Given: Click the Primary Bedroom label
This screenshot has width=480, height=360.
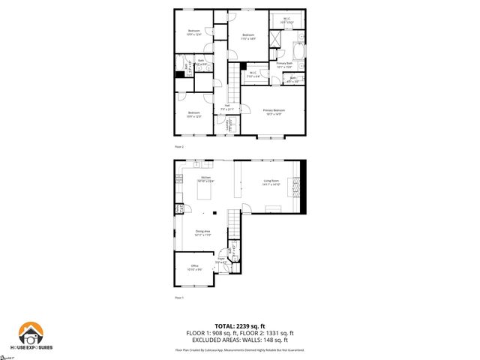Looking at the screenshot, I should coord(272,112).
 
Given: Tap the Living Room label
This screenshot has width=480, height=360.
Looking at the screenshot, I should coord(271,182).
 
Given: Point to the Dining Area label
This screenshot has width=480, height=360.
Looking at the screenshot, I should coord(203,233).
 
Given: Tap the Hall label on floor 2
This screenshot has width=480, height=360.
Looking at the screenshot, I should coord(227,107).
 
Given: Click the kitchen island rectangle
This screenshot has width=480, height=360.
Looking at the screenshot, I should coord(205,193).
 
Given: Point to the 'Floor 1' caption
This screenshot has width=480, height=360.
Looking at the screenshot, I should coord(178,298).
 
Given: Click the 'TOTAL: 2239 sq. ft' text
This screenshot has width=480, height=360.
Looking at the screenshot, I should coord(240,326).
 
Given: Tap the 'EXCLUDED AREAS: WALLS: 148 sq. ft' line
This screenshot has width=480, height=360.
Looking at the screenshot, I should coord(240,339).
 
